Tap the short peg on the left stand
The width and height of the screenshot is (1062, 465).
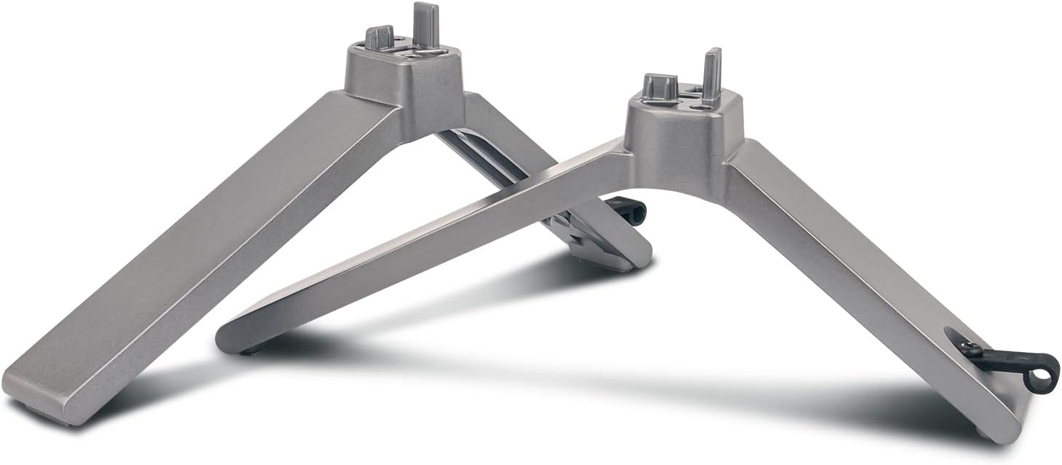[x=379, y=37]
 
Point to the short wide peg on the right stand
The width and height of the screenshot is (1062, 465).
[x=659, y=87]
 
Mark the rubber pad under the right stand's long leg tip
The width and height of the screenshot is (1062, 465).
[x=251, y=351]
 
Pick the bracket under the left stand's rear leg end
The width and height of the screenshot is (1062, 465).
[x=583, y=233]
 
